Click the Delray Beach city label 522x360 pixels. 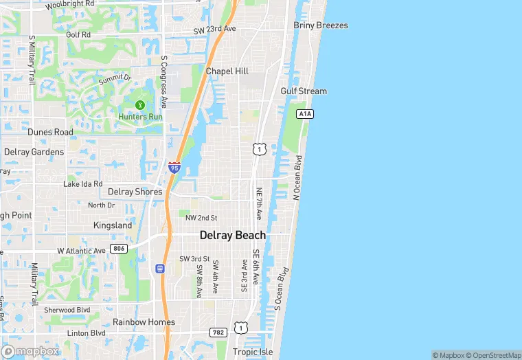(232, 235)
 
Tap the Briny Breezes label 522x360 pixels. (320, 25)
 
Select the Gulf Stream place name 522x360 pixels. (304, 91)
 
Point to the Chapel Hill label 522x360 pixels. (227, 71)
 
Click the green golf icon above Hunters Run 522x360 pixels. (140, 105)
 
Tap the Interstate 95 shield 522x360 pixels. (174, 167)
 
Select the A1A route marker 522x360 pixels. (305, 113)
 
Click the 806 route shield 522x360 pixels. (118, 248)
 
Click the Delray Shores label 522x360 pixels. (135, 192)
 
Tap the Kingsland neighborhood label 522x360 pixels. (113, 225)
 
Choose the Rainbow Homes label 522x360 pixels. (144, 322)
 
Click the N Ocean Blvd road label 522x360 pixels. (297, 178)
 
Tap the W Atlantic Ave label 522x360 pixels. (81, 251)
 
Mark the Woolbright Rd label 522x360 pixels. (69, 4)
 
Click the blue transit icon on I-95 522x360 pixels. (161, 269)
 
